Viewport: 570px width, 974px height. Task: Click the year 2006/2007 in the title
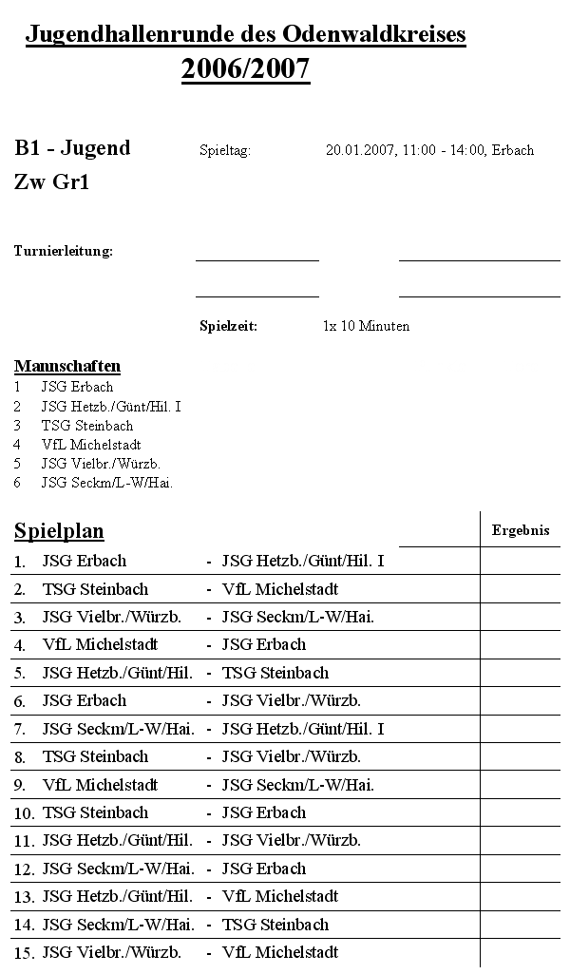245,69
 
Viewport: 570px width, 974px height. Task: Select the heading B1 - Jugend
72,148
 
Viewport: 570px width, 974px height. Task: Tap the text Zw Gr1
51,183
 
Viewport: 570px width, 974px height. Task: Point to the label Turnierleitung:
63,252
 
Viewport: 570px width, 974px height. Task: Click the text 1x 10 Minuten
366,326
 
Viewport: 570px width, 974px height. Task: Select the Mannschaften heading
66,366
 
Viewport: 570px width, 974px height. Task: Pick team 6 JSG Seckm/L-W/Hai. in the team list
106,483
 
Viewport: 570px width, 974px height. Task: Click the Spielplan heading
59,531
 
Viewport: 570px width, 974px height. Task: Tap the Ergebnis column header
520,531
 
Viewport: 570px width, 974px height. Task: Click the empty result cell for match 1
520,561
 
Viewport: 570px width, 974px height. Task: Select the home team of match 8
95,757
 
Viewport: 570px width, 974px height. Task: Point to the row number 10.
24,814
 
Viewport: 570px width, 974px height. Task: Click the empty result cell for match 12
520,869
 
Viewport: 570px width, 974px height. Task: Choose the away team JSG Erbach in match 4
263,644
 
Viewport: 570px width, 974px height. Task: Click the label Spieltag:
225,151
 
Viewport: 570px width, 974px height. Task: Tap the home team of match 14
118,925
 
